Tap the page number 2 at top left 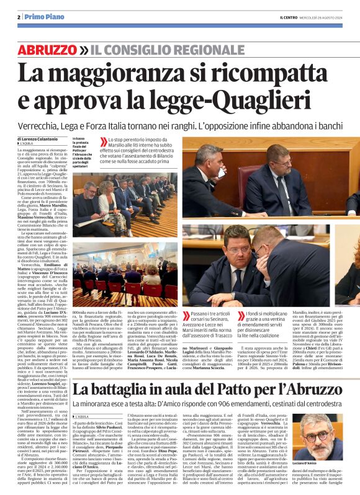click(x=19, y=16)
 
